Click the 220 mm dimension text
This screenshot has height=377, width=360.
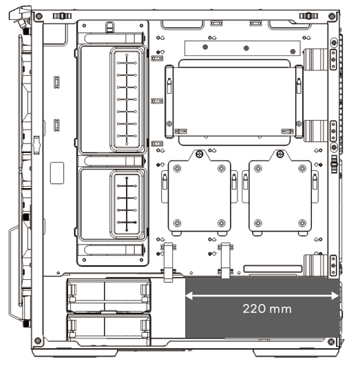click(267, 309)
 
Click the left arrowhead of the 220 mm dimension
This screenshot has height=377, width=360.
click(189, 296)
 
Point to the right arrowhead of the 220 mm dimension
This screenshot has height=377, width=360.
click(335, 296)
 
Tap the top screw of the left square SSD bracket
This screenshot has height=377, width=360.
click(200, 154)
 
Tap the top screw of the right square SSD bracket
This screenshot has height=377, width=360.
click(280, 154)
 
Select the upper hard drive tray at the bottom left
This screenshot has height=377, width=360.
click(109, 296)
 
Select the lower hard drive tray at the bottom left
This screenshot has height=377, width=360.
click(109, 330)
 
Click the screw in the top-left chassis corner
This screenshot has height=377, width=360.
click(39, 17)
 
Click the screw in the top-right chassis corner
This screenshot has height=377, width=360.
click(332, 17)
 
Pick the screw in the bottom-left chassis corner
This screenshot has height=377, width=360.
click(38, 340)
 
